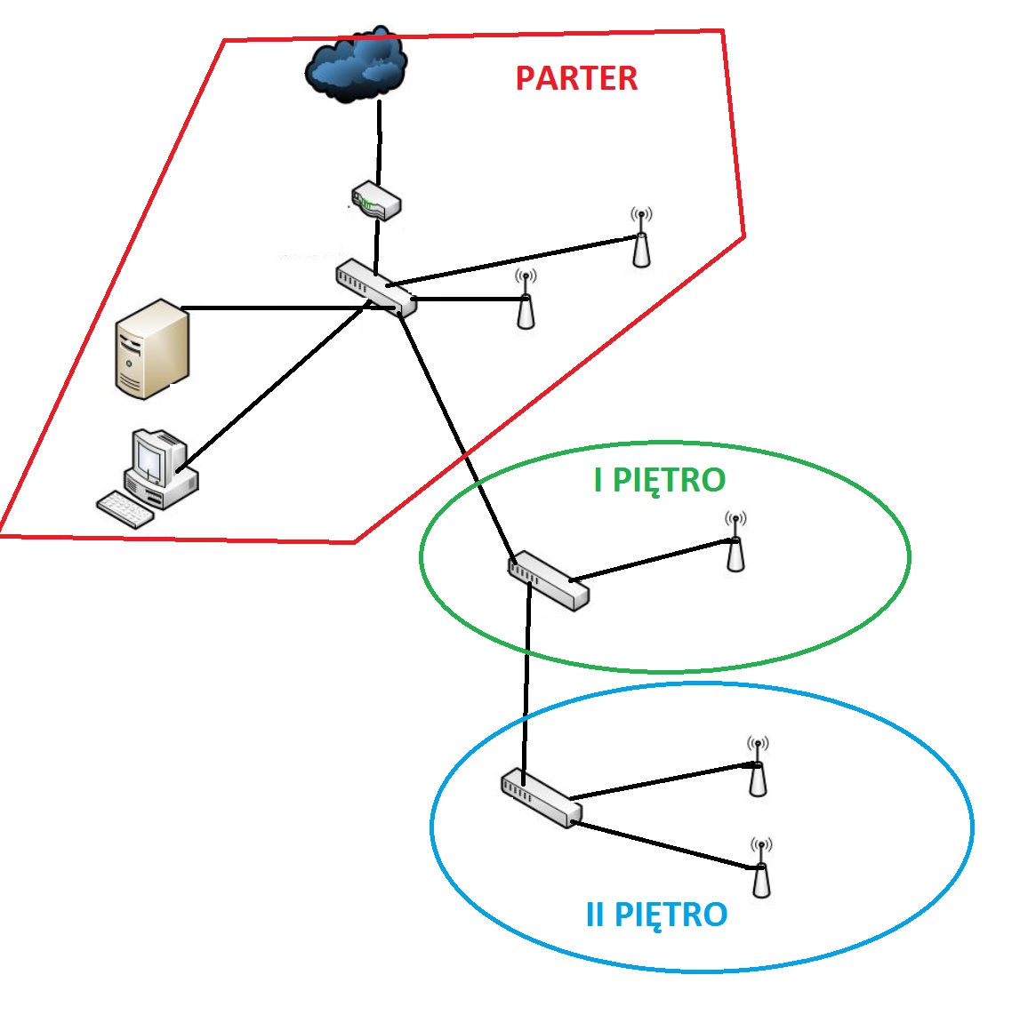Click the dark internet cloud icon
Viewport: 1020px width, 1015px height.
357,64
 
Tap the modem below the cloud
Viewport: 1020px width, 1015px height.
376,200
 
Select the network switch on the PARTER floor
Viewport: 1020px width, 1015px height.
376,288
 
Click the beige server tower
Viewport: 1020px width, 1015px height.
152,348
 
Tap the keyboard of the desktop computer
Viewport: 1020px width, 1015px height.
125,509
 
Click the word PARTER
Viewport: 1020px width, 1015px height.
576,79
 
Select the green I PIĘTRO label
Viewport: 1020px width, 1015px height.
660,481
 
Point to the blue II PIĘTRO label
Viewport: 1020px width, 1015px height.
656,915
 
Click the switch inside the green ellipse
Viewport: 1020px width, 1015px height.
549,580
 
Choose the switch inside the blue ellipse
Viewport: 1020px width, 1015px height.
542,798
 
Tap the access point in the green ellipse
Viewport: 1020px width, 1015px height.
735,541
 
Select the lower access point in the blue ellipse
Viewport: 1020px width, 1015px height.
761,867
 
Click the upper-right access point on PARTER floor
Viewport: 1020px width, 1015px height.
641,237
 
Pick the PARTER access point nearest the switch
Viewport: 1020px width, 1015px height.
526,300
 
